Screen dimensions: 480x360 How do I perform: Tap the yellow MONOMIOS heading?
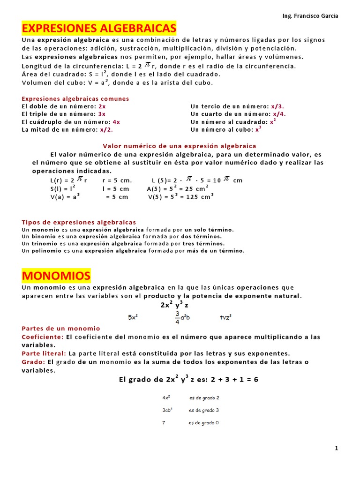tap(56, 275)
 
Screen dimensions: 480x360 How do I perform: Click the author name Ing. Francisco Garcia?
tap(310, 16)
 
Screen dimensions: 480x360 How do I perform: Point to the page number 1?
tap(336, 448)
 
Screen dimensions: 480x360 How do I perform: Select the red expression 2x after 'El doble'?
tap(102, 106)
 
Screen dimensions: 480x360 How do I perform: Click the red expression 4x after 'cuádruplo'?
tap(116, 122)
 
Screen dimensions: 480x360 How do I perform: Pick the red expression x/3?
tap(277, 106)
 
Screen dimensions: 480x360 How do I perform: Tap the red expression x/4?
tap(278, 114)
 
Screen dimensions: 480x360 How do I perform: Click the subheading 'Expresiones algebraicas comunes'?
tap(75, 99)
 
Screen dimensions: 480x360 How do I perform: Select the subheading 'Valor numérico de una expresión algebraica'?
tap(180, 146)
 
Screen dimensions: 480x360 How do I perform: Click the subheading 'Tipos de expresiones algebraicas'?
tap(79, 222)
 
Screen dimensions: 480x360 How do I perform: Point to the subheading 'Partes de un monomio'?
tap(61, 328)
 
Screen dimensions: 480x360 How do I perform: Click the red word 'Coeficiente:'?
tap(43, 337)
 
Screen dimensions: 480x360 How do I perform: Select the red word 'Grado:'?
tap(33, 362)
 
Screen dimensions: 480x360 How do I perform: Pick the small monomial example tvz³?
tap(226, 317)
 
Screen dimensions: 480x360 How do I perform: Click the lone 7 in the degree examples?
tap(164, 423)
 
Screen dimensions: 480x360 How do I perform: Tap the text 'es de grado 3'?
tap(204, 410)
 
